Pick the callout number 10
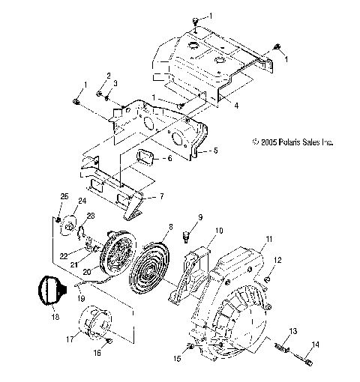pyautogui.click(x=219, y=230)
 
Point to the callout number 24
pyautogui.click(x=82, y=201)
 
